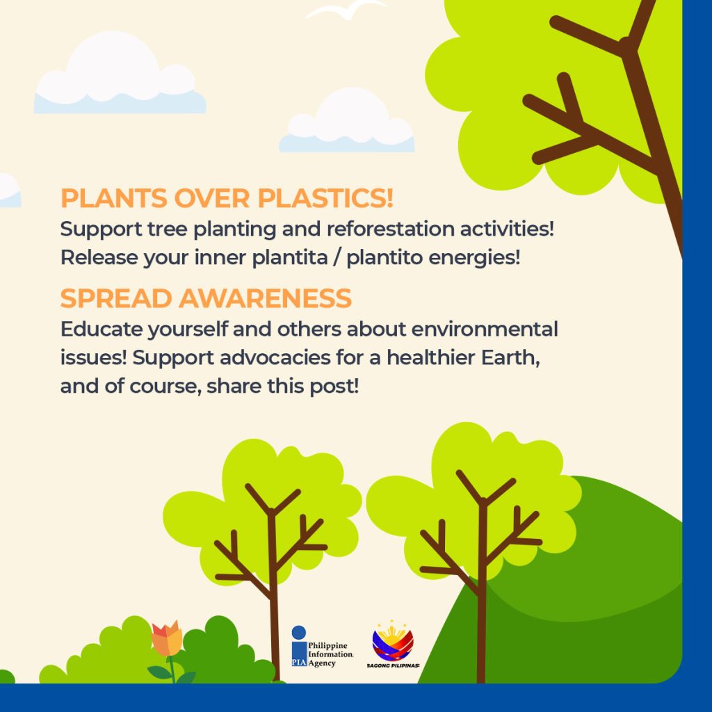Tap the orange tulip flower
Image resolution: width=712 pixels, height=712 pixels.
tap(167, 638)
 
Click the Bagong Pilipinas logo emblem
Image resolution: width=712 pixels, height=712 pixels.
tap(393, 640)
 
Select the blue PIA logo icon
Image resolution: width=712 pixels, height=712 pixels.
tap(299, 646)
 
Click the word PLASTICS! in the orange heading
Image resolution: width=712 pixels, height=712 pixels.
tap(325, 198)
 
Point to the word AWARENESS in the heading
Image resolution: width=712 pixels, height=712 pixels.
tap(265, 298)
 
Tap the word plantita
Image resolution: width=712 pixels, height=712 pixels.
tap(290, 257)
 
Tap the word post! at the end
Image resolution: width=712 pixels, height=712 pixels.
tap(334, 387)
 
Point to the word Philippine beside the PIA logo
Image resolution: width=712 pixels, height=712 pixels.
tap(328, 646)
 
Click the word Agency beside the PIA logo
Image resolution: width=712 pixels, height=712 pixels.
tap(322, 663)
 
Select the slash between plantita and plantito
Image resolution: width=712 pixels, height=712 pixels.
tap(337, 257)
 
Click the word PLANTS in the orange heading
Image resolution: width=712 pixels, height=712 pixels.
tap(114, 198)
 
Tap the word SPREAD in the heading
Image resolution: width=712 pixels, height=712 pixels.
tap(116, 298)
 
